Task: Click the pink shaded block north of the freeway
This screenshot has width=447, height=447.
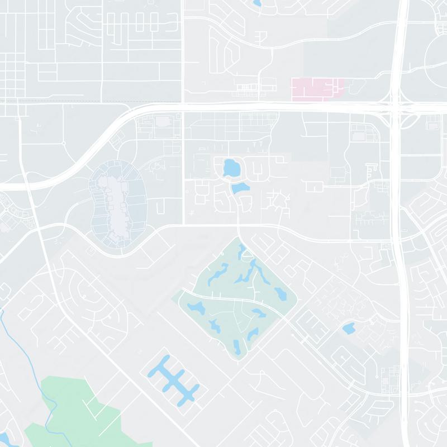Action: pyautogui.click(x=316, y=88)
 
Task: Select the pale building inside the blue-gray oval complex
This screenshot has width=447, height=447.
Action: pyautogui.click(x=118, y=204)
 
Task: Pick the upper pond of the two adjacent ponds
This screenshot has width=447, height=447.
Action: pyautogui.click(x=230, y=168)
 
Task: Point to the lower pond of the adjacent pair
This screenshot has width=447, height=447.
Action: pyautogui.click(x=240, y=188)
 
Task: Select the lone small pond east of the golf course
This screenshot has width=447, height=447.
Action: pyautogui.click(x=349, y=328)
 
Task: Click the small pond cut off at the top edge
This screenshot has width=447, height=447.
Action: pyautogui.click(x=256, y=3)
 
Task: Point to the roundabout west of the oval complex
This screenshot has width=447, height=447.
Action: pyautogui.click(x=64, y=144)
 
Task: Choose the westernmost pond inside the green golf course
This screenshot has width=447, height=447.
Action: pyautogui.click(x=195, y=307)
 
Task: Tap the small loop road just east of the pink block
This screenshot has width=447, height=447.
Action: pyautogui.click(x=356, y=86)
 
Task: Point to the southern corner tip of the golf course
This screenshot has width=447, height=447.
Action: pyautogui.click(x=238, y=361)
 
